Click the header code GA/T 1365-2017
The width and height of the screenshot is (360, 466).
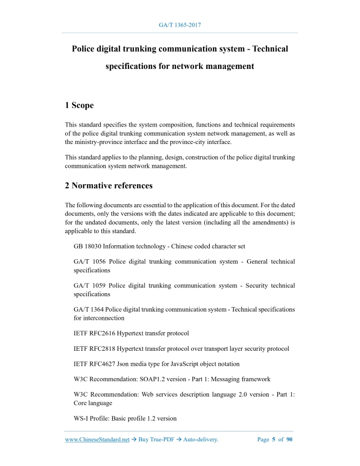coord(180,25)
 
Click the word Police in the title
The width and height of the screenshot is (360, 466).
coord(86,49)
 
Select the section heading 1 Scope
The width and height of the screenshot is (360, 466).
coord(79,105)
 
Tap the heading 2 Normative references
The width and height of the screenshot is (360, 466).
coord(109,185)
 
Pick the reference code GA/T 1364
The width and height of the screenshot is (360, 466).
coord(89,310)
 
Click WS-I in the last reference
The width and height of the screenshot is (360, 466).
coord(81,418)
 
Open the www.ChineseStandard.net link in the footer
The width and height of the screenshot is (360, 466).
coord(97,440)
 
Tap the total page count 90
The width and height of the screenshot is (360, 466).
coord(289,440)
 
